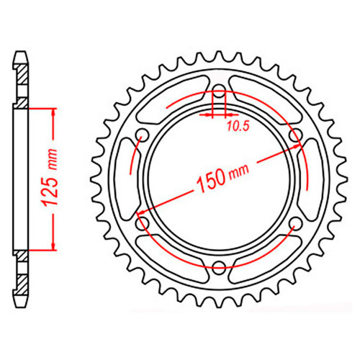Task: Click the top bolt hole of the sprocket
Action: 219,91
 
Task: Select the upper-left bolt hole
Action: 143,135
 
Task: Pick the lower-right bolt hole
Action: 296,223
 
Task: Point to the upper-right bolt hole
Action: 296,135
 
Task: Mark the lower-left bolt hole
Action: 143,223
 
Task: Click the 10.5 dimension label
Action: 238,126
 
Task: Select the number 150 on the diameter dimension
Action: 211,180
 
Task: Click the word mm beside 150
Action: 239,171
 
